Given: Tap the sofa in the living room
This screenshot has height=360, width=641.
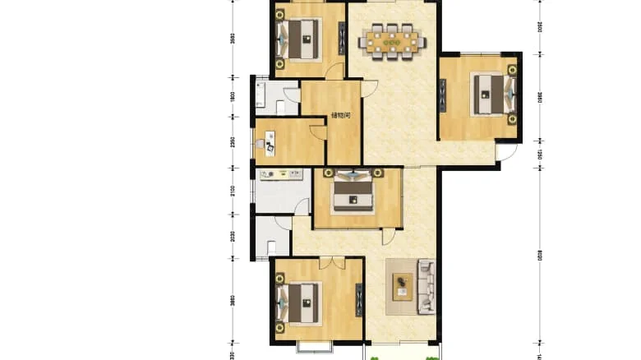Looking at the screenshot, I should (426, 286).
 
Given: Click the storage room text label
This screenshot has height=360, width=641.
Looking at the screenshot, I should (341, 116).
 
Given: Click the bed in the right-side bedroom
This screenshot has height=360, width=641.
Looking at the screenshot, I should (491, 94).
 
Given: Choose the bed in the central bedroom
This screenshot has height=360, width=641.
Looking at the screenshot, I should (354, 190).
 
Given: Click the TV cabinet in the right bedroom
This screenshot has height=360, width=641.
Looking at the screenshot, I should (444, 94).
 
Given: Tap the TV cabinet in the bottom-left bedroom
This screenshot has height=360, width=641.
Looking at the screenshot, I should (358, 300).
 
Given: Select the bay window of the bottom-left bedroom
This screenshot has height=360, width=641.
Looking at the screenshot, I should (313, 346).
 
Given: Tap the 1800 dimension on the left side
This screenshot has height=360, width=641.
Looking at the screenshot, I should (233, 96).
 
